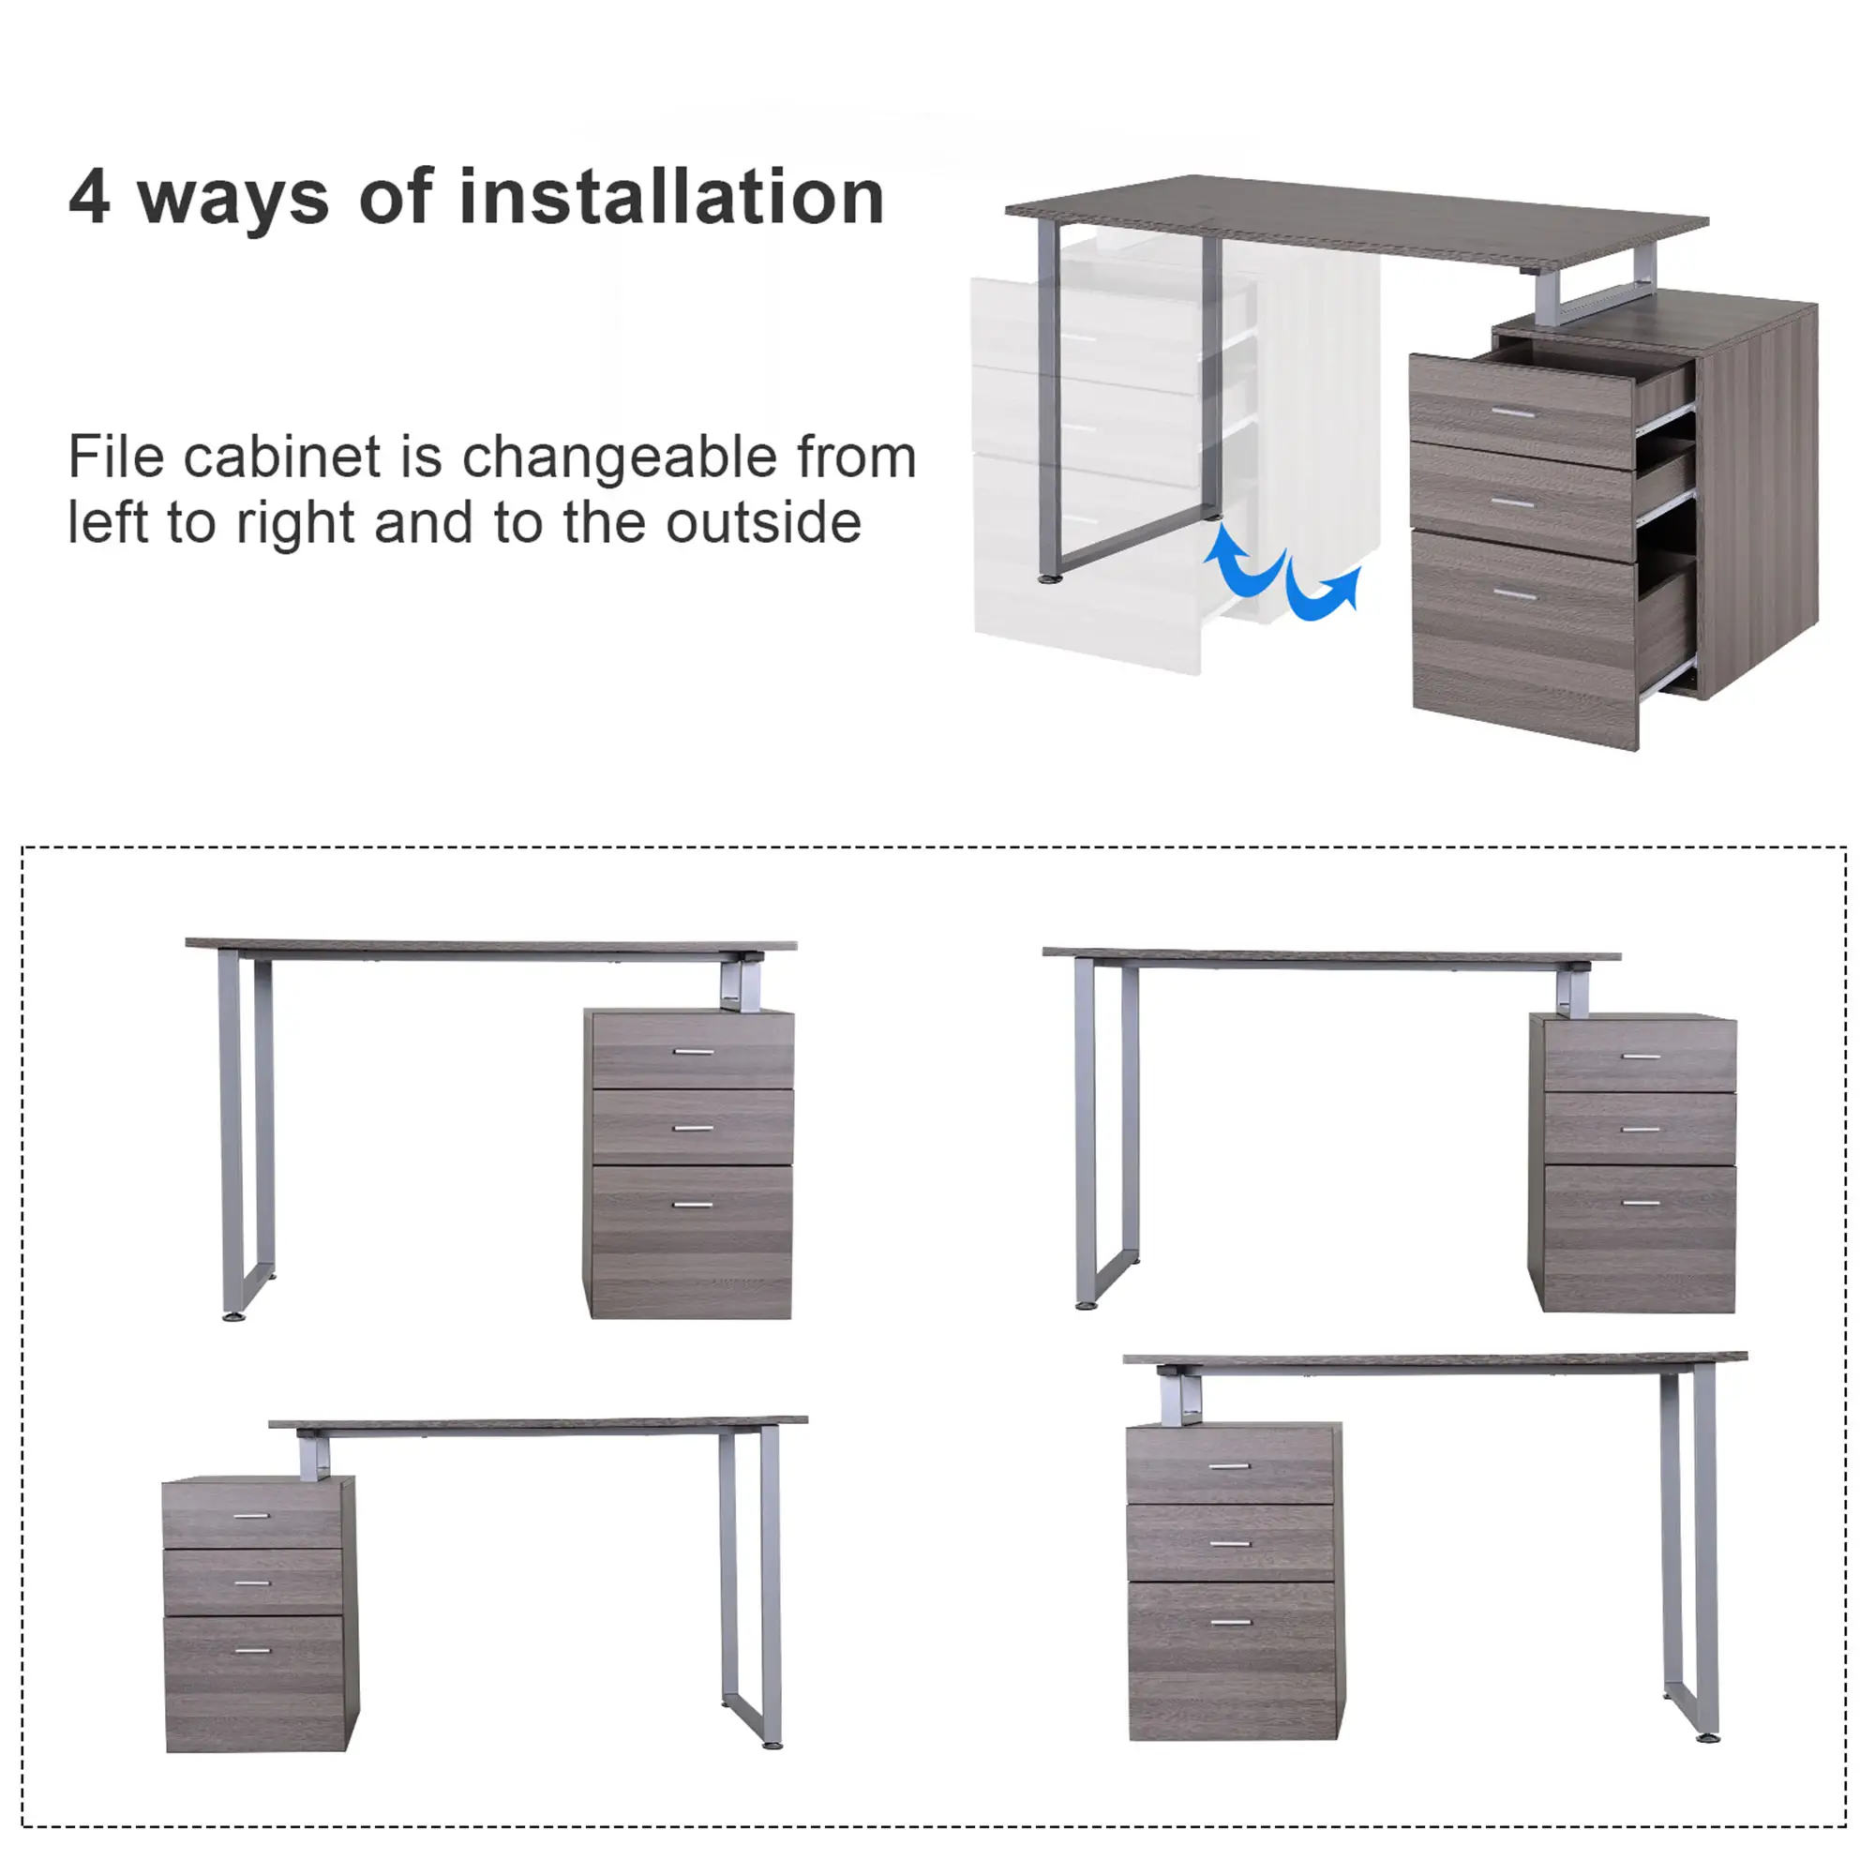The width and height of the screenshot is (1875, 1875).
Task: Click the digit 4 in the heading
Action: click(89, 197)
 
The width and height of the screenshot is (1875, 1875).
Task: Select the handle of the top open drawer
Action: click(1512, 412)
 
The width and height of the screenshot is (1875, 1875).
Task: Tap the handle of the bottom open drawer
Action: click(1514, 593)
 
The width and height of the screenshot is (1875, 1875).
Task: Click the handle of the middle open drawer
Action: click(1512, 502)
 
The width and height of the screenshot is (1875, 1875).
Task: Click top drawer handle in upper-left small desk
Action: click(693, 1051)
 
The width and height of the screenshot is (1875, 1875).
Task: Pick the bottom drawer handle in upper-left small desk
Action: click(692, 1205)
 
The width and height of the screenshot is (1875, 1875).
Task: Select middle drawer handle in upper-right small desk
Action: click(1640, 1129)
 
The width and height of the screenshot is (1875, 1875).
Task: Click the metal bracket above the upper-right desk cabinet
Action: click(1572, 993)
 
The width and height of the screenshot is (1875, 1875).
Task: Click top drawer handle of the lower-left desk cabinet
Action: click(251, 1516)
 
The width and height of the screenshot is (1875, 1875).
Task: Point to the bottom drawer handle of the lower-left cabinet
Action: click(252, 1650)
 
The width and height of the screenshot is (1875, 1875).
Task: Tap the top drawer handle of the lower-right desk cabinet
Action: click(1230, 1466)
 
